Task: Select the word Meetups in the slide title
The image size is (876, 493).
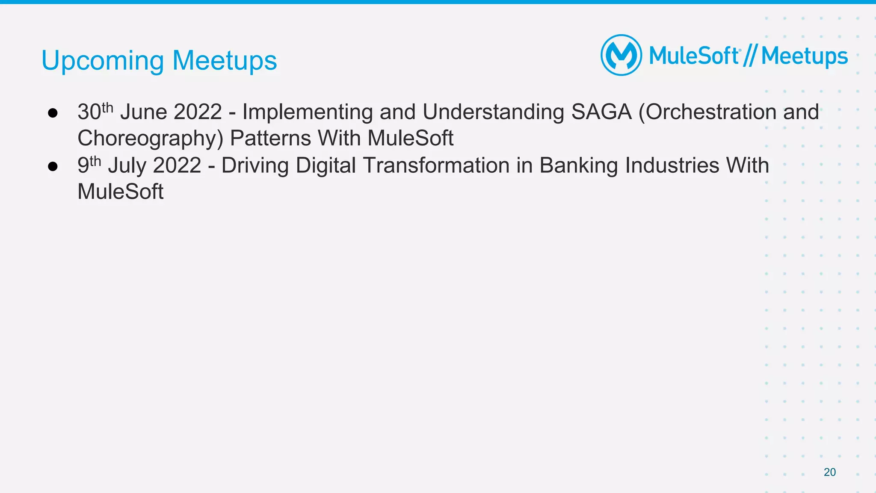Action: [x=225, y=61]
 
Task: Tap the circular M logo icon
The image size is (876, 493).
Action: [x=621, y=55]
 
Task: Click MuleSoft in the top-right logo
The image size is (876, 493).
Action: [x=694, y=56]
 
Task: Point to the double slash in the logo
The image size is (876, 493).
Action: [x=750, y=56]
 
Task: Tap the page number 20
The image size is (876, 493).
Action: [x=829, y=472]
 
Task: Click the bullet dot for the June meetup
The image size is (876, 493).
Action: [x=53, y=113]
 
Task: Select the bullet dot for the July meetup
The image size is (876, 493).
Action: [x=53, y=166]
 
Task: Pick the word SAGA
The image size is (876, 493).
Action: [x=601, y=112]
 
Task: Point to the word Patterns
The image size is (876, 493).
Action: [x=270, y=138]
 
